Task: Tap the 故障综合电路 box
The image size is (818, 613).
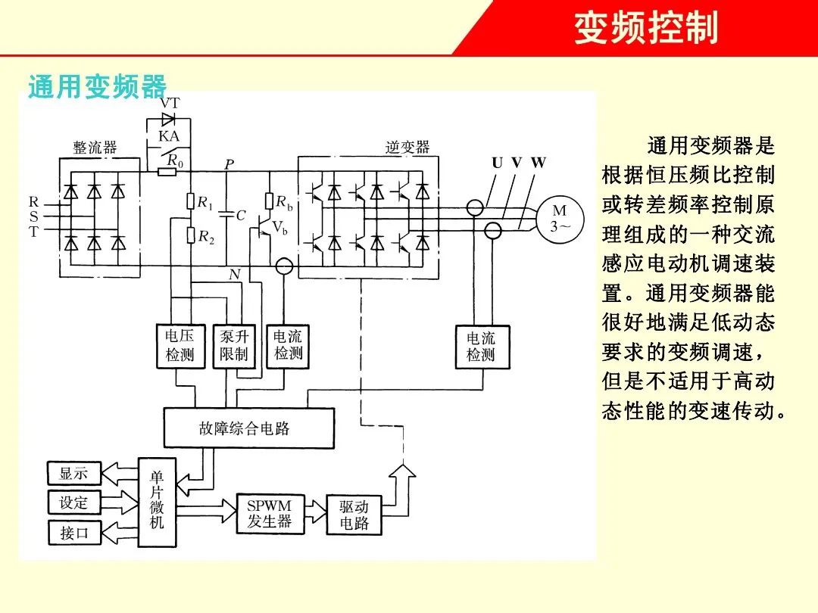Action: [248, 428]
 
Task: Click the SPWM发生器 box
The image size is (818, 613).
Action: [269, 513]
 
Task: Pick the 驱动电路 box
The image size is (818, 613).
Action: [354, 515]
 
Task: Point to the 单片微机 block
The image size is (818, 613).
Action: [157, 500]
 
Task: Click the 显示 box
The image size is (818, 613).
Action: [74, 475]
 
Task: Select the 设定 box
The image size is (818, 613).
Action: [74, 503]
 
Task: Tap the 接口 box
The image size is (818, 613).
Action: [74, 532]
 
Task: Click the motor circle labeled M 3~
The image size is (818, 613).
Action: [560, 218]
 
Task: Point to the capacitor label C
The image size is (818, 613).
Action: [241, 216]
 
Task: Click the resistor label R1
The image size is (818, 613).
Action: [205, 202]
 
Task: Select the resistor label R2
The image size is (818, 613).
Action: [206, 237]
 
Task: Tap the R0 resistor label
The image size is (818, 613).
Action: [175, 160]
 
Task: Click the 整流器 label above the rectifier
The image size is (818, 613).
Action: [95, 148]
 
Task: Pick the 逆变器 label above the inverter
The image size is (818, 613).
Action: [407, 147]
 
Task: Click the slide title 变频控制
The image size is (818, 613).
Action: [645, 29]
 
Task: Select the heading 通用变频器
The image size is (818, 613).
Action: [97, 87]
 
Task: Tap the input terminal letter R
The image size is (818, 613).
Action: [33, 202]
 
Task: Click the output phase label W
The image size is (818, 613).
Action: [538, 163]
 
